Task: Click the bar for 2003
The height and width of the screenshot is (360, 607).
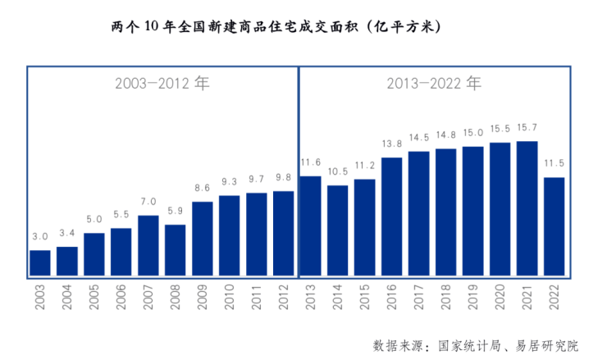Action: click(x=40, y=262)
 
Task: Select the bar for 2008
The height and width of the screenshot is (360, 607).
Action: click(x=176, y=250)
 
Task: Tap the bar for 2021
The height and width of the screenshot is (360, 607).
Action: click(x=527, y=208)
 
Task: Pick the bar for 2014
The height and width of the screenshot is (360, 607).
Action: click(x=337, y=230)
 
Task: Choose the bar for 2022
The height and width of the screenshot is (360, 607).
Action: click(x=555, y=226)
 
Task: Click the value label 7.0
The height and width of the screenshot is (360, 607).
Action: click(x=148, y=201)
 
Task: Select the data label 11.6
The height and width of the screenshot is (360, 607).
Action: click(x=311, y=162)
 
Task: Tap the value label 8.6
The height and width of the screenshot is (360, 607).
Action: click(x=203, y=188)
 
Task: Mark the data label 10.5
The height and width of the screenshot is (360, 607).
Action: click(x=337, y=171)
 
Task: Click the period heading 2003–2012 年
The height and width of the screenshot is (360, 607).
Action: click(x=162, y=84)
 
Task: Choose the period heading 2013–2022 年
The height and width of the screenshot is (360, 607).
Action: click(x=434, y=84)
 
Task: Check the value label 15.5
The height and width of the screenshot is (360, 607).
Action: click(x=500, y=129)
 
